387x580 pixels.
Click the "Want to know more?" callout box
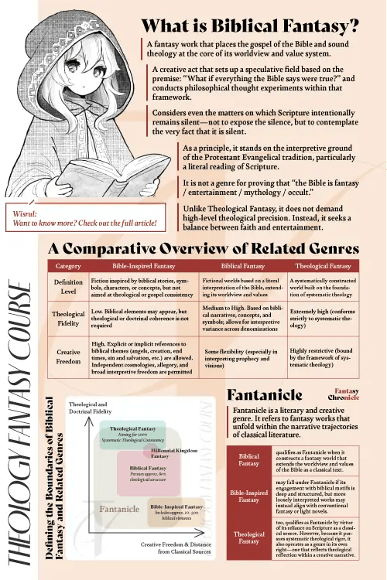click(85, 217)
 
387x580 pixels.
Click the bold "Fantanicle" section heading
click(258, 394)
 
